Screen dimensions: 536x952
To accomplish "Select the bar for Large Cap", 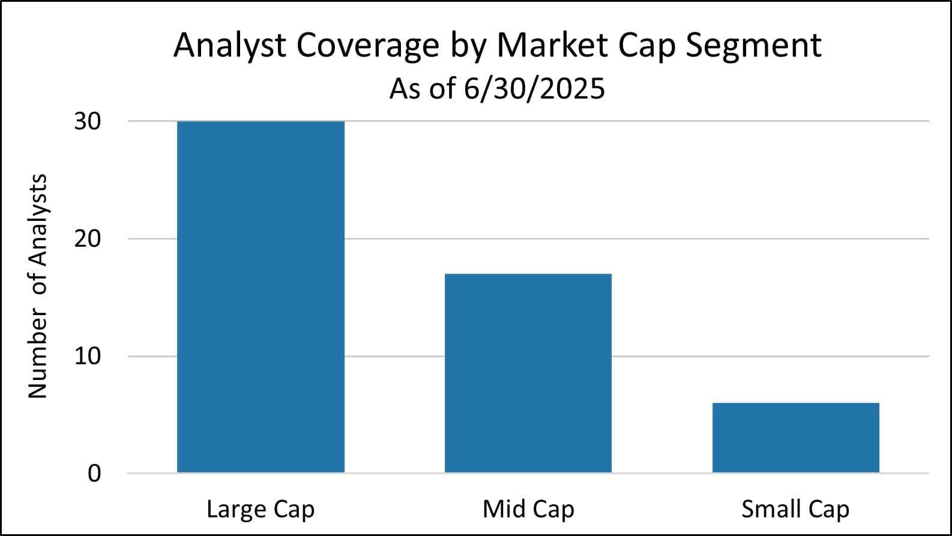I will pos(261,297).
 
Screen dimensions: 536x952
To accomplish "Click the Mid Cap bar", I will pos(528,373).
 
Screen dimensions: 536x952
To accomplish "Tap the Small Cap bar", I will pos(795,438).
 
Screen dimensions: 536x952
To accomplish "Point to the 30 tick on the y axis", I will pos(88,121).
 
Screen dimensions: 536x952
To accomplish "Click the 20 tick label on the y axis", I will pos(88,239).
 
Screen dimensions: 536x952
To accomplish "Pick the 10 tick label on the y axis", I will pos(88,356).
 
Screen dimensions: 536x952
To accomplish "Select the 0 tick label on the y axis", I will pos(95,474).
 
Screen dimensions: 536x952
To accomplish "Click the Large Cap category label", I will pos(261,510).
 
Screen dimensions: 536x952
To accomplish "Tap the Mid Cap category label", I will pos(528,510).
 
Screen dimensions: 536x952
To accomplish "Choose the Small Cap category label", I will pos(795,510).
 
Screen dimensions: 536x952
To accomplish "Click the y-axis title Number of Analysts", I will pos(38,286).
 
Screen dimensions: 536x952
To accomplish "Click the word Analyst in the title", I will pos(230,46).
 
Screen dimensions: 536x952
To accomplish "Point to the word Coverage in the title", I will pos(368,46).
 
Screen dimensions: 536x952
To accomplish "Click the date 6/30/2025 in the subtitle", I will pos(534,89).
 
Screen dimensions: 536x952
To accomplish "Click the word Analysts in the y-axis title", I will pos(38,220).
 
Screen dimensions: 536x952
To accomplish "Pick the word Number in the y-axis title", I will pos(38,355).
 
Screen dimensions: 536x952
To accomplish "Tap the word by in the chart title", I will pos(469,46).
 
